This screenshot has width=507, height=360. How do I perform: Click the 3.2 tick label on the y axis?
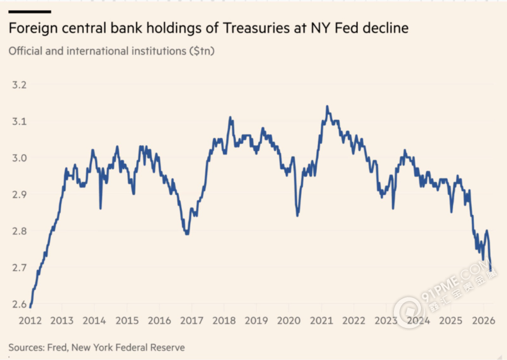click(x=20, y=85)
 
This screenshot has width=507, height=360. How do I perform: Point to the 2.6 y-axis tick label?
click(x=20, y=304)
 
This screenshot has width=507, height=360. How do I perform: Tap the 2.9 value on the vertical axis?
click(x=20, y=194)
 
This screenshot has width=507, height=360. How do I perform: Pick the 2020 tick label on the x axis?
click(x=289, y=321)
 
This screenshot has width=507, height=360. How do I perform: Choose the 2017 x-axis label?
click(x=191, y=321)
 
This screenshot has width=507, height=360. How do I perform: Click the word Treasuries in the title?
click(x=239, y=28)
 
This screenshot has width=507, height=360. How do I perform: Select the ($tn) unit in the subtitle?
click(x=203, y=51)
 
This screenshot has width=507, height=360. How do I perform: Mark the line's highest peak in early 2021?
click(x=327, y=106)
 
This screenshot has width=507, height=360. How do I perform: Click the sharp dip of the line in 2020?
click(x=297, y=215)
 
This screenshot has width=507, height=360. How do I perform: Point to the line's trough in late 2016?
click(x=187, y=233)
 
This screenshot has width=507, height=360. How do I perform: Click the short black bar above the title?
click(x=29, y=11)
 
